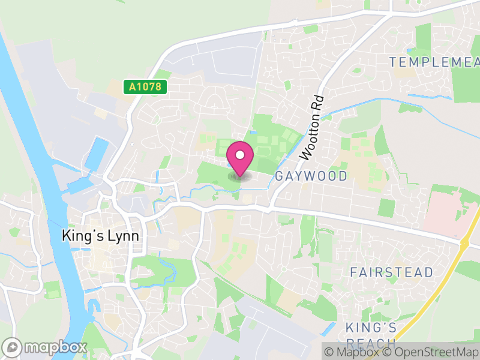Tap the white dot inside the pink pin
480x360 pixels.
pos(240,155)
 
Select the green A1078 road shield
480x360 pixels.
pos(145,87)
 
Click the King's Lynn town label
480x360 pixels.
pos(100,236)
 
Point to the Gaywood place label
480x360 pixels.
pos(311,176)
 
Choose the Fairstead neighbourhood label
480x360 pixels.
pos(391,272)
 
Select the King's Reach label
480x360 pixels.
pos(371,335)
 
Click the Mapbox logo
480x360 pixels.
pos(46,347)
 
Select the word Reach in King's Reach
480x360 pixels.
pos(371,343)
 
